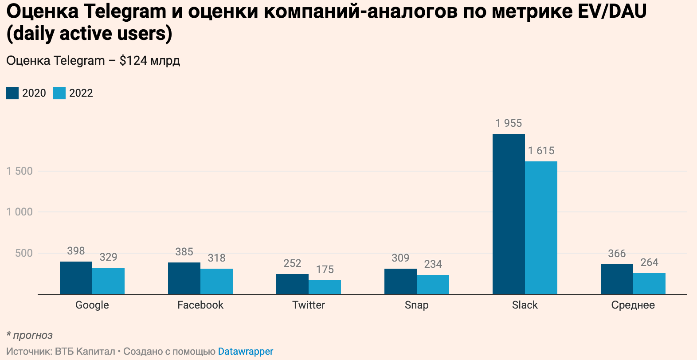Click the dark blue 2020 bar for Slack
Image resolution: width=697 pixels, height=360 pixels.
point(509,214)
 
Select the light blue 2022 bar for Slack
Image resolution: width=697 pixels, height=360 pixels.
point(541,227)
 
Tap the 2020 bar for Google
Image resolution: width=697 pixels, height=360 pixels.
point(76,278)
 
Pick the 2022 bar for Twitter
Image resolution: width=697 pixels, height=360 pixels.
point(325,287)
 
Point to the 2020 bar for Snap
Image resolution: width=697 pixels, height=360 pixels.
point(400,281)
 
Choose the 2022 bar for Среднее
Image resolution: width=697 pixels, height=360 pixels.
point(649,283)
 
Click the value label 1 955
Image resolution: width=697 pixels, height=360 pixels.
point(509,123)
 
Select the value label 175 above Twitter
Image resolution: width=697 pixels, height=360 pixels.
point(325,270)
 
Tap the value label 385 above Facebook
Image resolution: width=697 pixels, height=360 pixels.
point(184,252)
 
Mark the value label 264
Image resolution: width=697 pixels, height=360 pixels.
point(649,262)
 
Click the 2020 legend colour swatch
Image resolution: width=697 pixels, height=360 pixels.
point(12,93)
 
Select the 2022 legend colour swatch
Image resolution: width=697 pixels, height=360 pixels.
point(59,93)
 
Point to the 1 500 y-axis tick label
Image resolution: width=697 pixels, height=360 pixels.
point(20,171)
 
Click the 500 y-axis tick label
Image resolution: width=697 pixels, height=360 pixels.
point(24,253)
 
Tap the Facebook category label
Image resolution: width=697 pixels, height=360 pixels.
point(200,305)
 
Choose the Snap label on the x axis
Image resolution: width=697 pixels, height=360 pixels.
point(416,305)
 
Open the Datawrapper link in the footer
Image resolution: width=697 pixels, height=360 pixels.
point(245,352)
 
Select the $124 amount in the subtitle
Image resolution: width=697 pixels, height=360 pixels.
point(133,61)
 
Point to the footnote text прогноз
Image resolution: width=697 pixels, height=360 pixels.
point(32,335)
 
